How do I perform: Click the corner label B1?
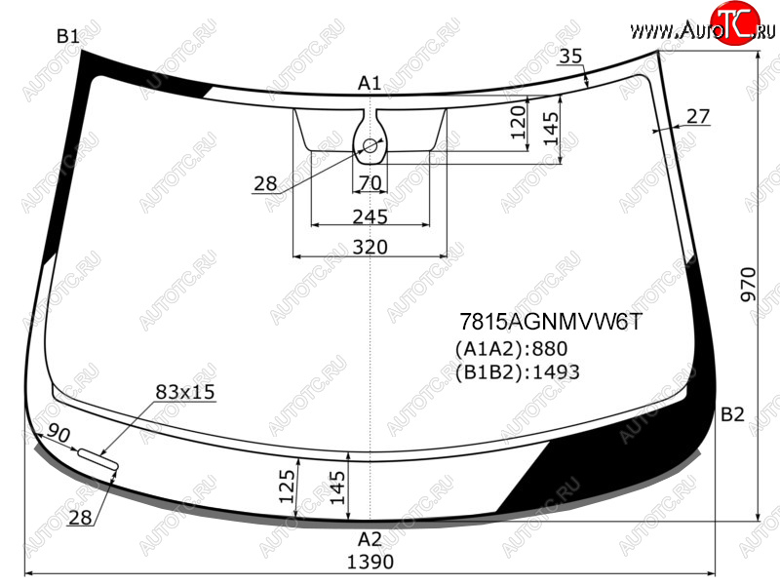tap(67, 36)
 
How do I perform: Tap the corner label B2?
tap(732, 414)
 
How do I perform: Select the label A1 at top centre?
tap(370, 83)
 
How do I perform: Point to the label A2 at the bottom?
tap(370, 539)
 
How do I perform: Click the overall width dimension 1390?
tap(370, 563)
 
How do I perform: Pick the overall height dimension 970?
tap(748, 285)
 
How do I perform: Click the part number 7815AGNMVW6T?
tap(551, 322)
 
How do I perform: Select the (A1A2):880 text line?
tap(511, 349)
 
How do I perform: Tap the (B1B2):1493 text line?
tap(518, 372)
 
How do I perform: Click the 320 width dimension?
tap(370, 247)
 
